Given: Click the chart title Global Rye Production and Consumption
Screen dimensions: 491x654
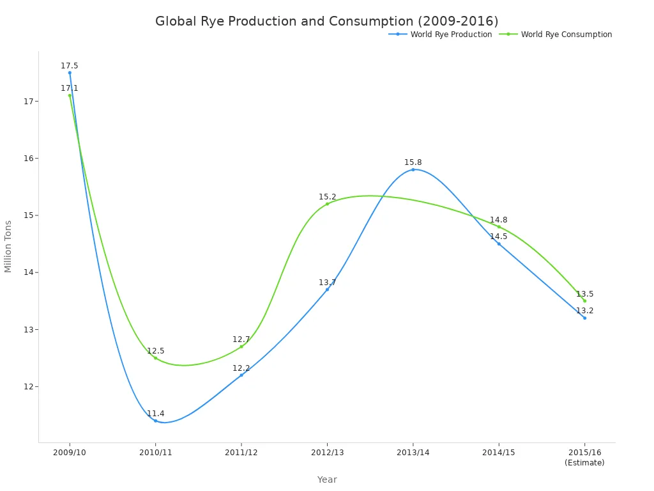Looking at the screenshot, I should [x=326, y=21].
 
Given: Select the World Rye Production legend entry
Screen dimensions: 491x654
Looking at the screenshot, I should [x=451, y=35].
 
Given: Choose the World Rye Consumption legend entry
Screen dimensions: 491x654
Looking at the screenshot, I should [x=566, y=35].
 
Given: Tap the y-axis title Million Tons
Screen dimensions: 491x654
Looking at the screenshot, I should [x=8, y=246].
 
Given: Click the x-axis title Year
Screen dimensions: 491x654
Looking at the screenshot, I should [x=327, y=479].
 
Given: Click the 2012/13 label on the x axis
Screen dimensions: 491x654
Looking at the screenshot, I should [x=327, y=452].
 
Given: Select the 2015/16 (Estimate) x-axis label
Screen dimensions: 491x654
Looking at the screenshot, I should [x=584, y=457].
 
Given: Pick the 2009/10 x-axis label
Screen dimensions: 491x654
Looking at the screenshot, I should [x=70, y=452].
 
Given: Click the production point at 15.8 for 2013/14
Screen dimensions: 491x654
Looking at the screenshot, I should [x=413, y=169].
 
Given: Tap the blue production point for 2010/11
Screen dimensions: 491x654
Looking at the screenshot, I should [x=155, y=421].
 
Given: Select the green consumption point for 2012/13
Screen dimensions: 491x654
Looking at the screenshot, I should [x=327, y=204].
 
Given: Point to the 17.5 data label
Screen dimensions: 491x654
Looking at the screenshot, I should [x=70, y=66].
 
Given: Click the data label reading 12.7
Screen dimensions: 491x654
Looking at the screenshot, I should [x=241, y=339].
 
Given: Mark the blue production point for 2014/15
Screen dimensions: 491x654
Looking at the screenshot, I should [x=499, y=244].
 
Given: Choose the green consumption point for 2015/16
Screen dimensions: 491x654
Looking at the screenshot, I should [x=584, y=300].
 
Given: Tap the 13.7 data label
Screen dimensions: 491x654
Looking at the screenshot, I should [x=328, y=283].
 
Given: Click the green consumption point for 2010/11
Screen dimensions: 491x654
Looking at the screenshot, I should [x=155, y=358].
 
